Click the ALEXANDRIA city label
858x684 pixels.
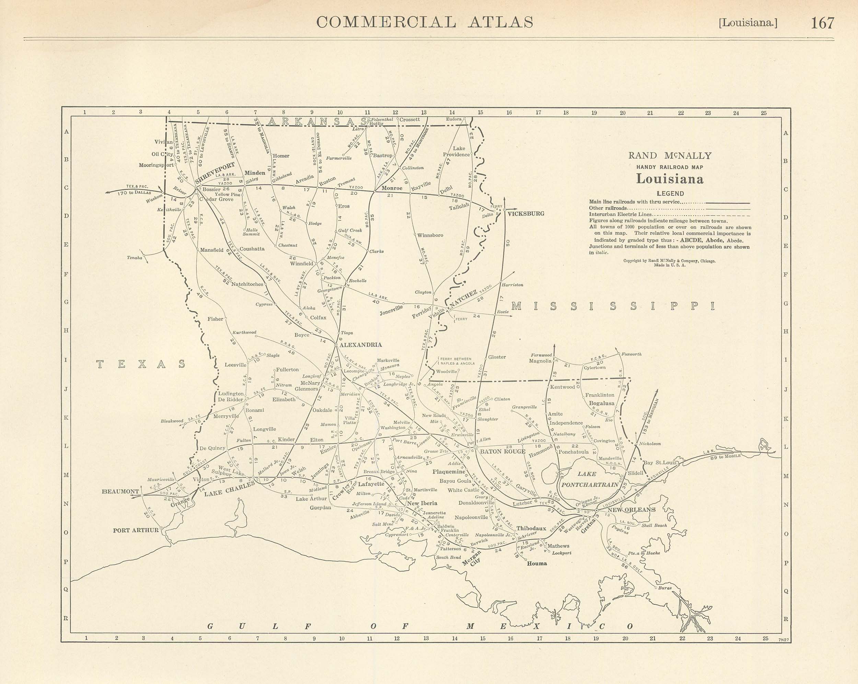(361, 345)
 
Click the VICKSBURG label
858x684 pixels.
(526, 214)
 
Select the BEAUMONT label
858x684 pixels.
(120, 491)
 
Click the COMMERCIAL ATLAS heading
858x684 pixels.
(425, 22)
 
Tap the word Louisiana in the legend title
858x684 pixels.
(670, 179)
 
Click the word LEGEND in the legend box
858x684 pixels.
(670, 194)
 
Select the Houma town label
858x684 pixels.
(537, 564)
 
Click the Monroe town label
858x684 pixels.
(392, 188)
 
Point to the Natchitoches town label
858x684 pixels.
(247, 284)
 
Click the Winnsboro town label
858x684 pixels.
(430, 235)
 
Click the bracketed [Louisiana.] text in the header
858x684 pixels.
(748, 23)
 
